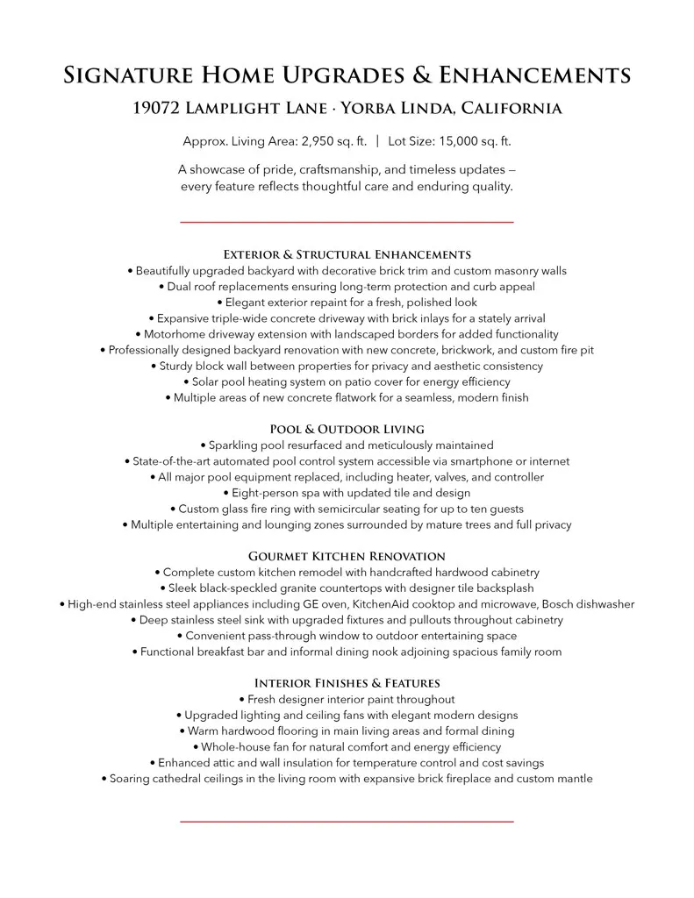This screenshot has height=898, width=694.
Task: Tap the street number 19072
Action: [x=157, y=109]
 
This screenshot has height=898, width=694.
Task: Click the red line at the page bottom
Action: [x=347, y=822]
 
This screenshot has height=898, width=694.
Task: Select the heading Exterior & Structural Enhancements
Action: [x=347, y=254]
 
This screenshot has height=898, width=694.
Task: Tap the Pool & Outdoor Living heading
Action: [x=347, y=429]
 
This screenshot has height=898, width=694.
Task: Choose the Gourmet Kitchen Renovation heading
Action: [x=347, y=556]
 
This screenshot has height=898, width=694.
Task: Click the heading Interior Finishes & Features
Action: [x=347, y=683]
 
